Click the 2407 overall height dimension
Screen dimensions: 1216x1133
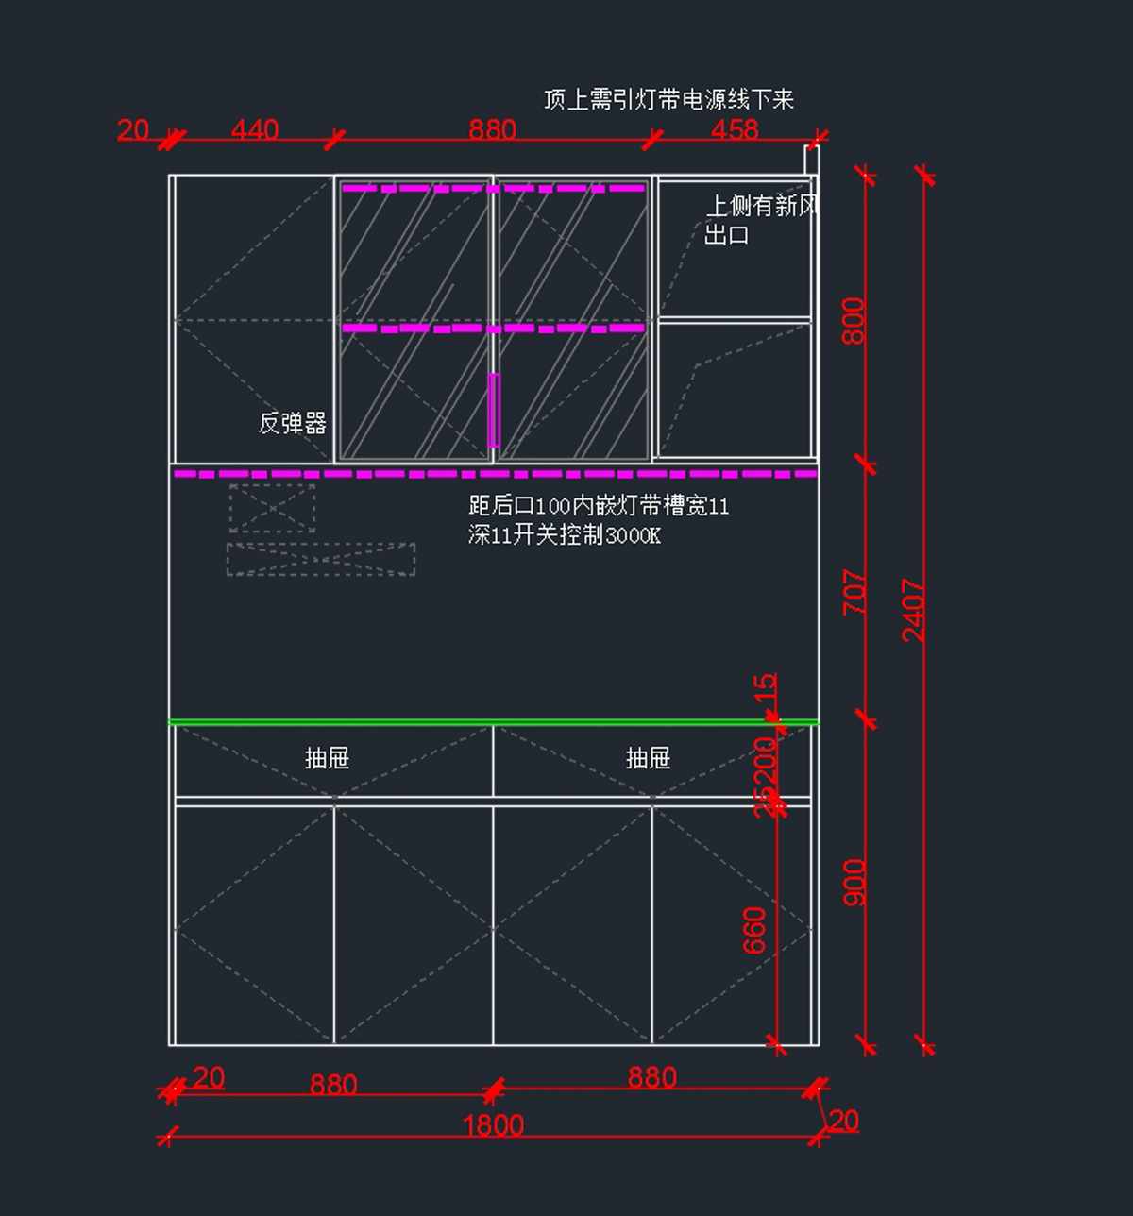(913, 610)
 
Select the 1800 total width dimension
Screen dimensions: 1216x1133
(493, 1124)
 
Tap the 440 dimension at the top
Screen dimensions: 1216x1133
(254, 129)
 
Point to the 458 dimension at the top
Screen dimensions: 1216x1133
(734, 129)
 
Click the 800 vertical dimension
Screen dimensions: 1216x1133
(853, 321)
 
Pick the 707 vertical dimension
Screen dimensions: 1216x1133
(854, 592)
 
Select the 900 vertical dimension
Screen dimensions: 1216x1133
(854, 882)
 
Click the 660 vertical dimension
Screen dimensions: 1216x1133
(754, 930)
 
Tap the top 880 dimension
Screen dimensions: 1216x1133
(492, 129)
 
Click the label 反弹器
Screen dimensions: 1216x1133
(293, 423)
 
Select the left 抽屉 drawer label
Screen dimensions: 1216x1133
(327, 757)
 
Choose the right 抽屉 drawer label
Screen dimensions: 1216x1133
(648, 757)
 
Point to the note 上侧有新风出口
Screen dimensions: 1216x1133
(760, 219)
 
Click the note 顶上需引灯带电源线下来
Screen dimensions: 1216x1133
(668, 99)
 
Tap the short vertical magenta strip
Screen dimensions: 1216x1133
(493, 410)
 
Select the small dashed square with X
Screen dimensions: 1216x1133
(272, 508)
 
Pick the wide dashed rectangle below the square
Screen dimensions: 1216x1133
(320, 559)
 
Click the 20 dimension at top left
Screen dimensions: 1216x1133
(133, 129)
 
